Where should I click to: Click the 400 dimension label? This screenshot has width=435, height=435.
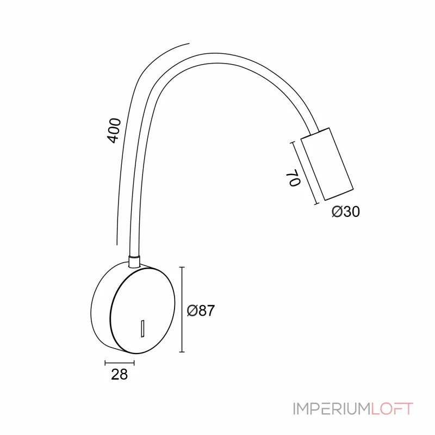113,130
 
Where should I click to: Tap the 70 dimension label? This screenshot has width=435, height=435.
293,178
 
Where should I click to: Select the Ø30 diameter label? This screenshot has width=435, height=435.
346,212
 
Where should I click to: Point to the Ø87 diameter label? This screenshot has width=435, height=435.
201,311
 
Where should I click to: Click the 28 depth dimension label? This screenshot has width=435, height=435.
119,374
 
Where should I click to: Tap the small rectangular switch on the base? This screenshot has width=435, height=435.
142,328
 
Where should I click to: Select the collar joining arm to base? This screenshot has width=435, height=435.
134,261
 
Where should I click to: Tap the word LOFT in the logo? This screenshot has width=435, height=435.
392,409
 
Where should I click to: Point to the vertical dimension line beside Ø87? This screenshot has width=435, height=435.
182,310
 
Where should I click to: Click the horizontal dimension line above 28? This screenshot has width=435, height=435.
119,362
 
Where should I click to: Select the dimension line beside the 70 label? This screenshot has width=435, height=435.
304,173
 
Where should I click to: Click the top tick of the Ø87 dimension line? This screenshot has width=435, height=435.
182,268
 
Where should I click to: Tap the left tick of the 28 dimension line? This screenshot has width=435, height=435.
105,362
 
